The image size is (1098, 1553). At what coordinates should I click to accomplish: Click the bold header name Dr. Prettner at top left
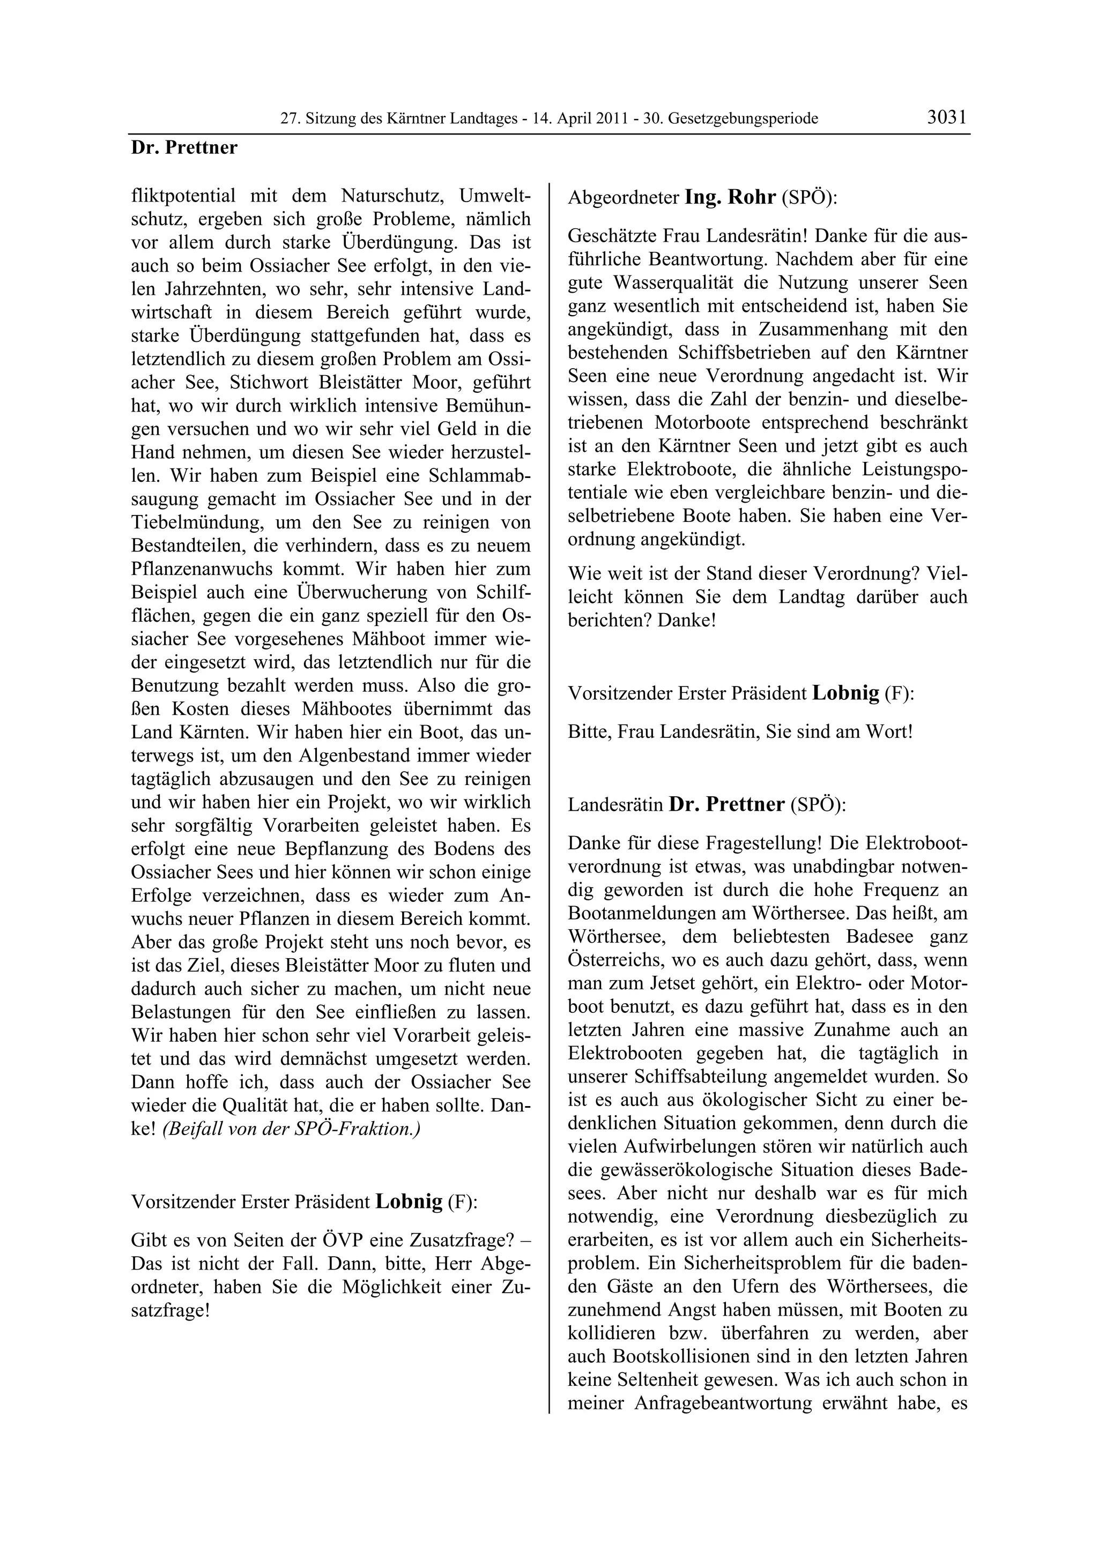coord(184,147)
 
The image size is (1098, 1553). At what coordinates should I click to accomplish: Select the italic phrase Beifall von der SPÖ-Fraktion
coord(292,1129)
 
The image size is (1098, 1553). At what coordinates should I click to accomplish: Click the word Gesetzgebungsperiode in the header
coord(743,119)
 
